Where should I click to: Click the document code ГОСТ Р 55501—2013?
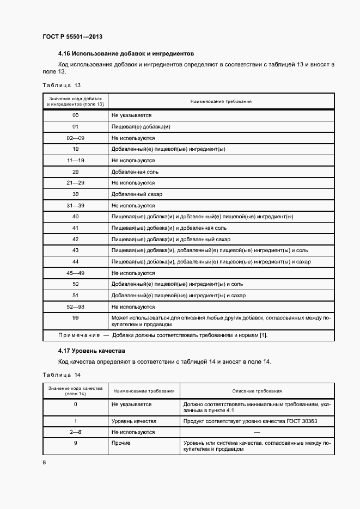(x=72, y=36)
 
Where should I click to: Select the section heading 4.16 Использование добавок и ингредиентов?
(x=126, y=54)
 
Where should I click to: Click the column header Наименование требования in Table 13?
(x=221, y=101)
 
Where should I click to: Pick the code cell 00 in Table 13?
(x=76, y=115)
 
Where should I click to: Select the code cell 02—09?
(x=76, y=138)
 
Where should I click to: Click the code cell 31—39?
(x=76, y=206)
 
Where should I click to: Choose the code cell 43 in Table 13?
(x=76, y=250)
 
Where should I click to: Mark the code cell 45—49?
(x=76, y=273)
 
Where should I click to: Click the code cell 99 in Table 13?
(x=76, y=317)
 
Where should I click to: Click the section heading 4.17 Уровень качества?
(x=91, y=351)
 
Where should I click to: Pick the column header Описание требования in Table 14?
(x=257, y=391)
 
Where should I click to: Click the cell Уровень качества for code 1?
(x=133, y=421)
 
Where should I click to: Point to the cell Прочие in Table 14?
(x=121, y=443)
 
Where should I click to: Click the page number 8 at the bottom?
(x=44, y=462)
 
